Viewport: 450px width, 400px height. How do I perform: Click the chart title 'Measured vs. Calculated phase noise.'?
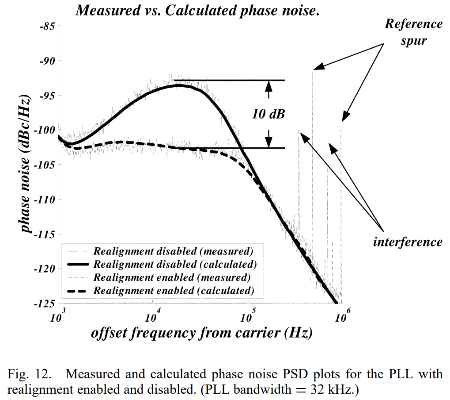[x=197, y=11]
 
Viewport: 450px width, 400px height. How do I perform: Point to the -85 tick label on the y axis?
[x=46, y=27]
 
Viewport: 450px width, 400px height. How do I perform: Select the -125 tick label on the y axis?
[x=45, y=303]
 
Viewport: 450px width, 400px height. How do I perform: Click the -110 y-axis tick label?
[x=45, y=200]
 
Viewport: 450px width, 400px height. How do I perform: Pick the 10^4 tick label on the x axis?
[x=153, y=316]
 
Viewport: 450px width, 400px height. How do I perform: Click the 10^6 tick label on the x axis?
[x=342, y=316]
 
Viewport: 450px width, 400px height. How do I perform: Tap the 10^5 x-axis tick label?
[x=248, y=316]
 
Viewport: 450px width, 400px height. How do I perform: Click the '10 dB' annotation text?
[x=268, y=114]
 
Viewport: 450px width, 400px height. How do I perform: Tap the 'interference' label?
[x=407, y=242]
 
